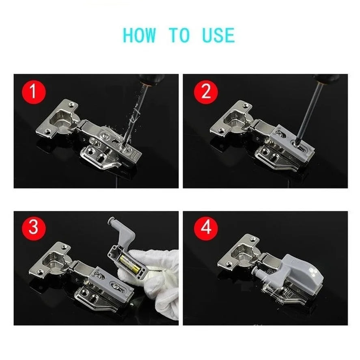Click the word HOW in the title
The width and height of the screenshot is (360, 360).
(x=139, y=35)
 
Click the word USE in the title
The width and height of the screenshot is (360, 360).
(x=218, y=35)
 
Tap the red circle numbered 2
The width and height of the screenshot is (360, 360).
(x=206, y=93)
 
